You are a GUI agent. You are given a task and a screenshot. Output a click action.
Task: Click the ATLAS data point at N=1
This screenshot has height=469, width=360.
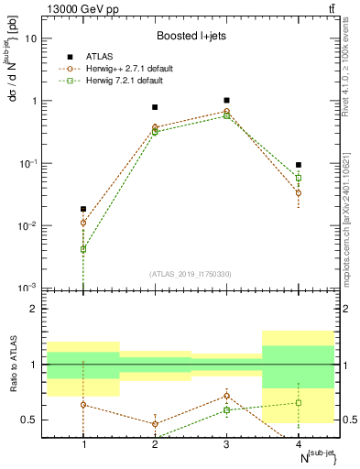point(83,209)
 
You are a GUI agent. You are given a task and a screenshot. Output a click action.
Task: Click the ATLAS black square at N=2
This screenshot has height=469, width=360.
point(155,107)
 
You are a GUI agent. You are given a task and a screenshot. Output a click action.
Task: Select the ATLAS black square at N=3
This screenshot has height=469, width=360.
point(226,100)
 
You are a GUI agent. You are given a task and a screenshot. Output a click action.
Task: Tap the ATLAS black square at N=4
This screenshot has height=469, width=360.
point(299,165)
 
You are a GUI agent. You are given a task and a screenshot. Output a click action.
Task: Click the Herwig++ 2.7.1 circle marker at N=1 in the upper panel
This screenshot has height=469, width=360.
point(83,223)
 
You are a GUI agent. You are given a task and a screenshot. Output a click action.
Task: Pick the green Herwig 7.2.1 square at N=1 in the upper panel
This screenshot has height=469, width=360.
point(83,249)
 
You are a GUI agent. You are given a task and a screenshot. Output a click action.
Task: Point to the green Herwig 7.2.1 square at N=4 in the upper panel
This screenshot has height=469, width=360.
point(299,178)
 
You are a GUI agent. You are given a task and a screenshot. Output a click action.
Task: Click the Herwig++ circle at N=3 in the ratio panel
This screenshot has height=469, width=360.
point(226,396)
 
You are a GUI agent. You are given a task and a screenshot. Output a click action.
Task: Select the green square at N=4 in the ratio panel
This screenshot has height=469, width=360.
point(299,403)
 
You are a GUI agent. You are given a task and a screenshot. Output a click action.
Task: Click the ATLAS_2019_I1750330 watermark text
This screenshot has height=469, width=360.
point(191,274)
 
